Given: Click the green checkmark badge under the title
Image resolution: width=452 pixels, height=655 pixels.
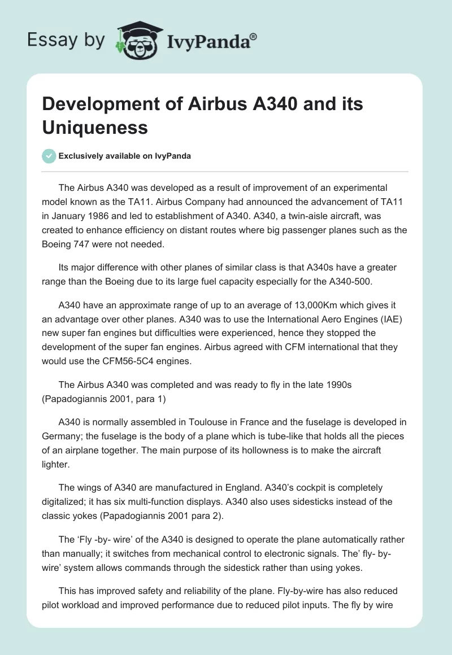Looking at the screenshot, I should click(49, 156).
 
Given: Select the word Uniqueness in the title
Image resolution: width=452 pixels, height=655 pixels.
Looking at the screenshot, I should click(95, 127).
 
